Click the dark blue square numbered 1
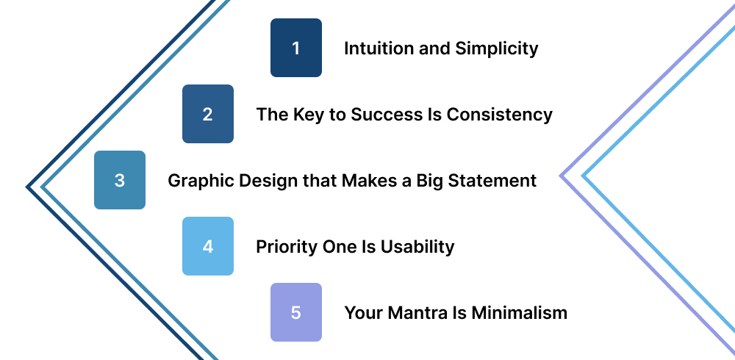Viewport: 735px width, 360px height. pyautogui.click(x=296, y=48)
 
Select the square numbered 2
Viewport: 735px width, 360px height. pyautogui.click(x=208, y=114)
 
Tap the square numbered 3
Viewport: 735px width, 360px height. pyautogui.click(x=120, y=180)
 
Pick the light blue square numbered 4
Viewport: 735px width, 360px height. pyautogui.click(x=208, y=246)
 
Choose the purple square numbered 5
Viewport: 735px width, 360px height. pyautogui.click(x=296, y=312)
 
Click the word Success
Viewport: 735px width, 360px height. pyautogui.click(x=387, y=115)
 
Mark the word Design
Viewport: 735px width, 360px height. pyautogui.click(x=257, y=181)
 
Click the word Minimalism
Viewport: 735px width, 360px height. pyautogui.click(x=520, y=313)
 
